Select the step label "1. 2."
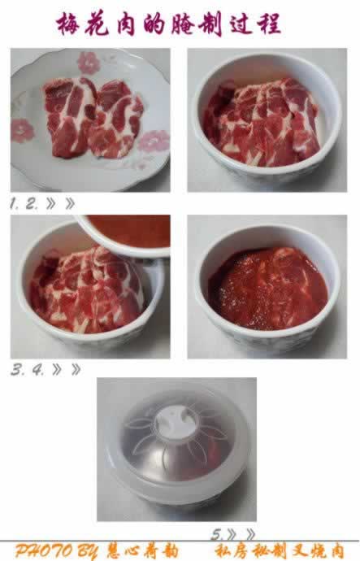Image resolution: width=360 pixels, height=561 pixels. coord(25,205)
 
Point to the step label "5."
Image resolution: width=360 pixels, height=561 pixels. coord(217,534)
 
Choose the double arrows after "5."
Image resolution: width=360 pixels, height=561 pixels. coord(241,534)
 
